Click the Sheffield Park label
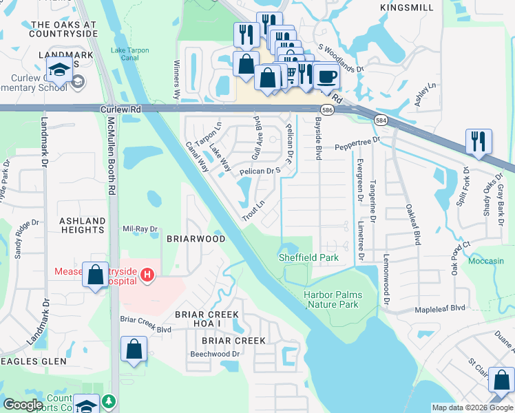308,257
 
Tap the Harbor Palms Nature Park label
333,299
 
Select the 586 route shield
328,109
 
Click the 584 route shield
381,120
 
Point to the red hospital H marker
146,276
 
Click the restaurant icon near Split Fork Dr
478,141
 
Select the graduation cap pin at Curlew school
58,69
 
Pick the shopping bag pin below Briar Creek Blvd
134,349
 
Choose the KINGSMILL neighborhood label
407,8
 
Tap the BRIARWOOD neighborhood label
196,239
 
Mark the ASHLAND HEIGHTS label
83,225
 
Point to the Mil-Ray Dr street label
140,229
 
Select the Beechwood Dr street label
214,354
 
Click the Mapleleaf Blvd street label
439,308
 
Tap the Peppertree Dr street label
357,144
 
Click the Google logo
23,405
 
